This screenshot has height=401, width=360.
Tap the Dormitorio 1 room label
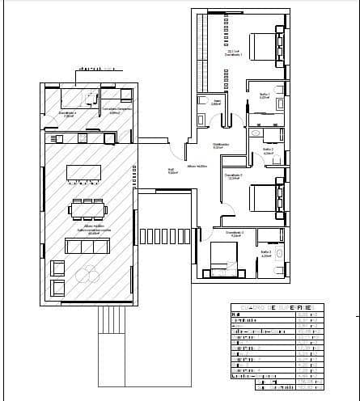pyautogui.click(x=233, y=53)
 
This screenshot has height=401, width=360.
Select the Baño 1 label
pyautogui.click(x=265, y=95)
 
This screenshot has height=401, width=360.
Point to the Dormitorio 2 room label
pyautogui.click(x=234, y=176)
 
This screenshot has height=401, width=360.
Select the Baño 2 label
pyautogui.click(x=268, y=151)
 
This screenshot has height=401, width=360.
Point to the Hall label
pyautogui.click(x=172, y=171)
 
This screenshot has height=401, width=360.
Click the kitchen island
pyautogui.click(x=84, y=171)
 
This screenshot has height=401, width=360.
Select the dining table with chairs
pyautogui.click(x=87, y=209)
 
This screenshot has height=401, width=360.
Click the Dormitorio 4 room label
pyautogui.click(x=68, y=114)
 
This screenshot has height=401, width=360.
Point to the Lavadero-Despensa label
pyautogui.click(x=115, y=111)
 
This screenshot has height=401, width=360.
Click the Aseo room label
pyautogui.click(x=216, y=103)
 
